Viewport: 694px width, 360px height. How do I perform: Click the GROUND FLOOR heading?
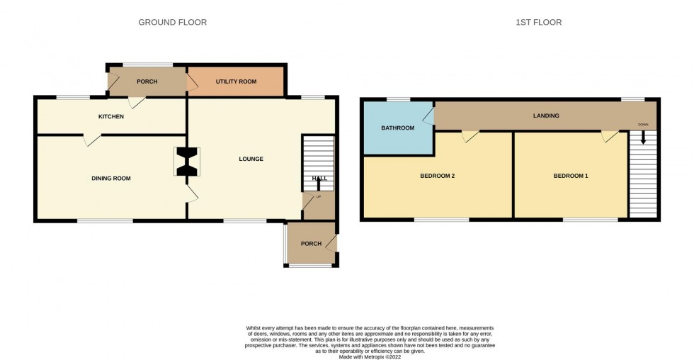point(172,23)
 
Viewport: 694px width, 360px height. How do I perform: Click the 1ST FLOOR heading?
point(538,23)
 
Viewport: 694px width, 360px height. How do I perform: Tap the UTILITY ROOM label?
point(236,81)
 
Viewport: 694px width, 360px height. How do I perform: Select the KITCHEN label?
point(111,116)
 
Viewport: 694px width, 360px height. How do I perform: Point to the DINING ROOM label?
point(111,179)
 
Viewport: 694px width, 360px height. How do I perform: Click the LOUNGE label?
point(251,159)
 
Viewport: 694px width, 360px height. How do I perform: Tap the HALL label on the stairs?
point(319,179)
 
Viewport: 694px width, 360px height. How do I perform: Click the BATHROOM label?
point(397,128)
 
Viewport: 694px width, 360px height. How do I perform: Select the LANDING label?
point(546,116)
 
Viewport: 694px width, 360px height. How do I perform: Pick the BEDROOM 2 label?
point(437,176)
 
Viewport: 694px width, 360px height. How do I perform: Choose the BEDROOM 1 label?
point(571,176)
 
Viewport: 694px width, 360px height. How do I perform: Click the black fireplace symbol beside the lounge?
point(188,162)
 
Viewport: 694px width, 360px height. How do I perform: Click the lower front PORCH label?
point(311,244)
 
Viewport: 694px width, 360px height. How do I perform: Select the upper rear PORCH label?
point(147,81)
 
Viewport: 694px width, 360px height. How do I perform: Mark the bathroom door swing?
point(428,116)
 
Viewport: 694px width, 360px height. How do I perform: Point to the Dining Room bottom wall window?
point(105,221)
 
